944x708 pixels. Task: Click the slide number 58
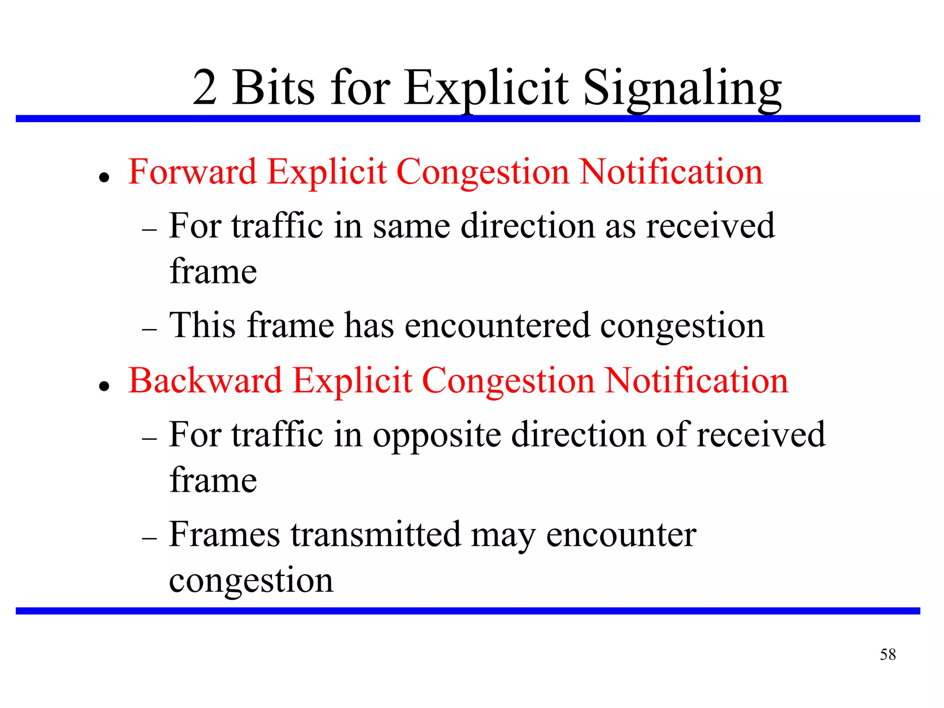click(x=887, y=655)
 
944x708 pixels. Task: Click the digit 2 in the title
click(x=205, y=88)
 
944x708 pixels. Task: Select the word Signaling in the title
click(x=682, y=88)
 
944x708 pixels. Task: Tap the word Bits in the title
click(x=274, y=88)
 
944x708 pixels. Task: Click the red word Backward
click(x=205, y=381)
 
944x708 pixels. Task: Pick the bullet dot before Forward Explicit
click(x=105, y=177)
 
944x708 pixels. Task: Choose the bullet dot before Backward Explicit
click(x=105, y=386)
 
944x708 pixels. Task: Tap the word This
click(x=203, y=325)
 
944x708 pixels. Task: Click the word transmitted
click(x=376, y=535)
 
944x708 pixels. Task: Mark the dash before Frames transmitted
click(x=150, y=538)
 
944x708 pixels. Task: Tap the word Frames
click(x=224, y=535)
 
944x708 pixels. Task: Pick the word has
click(x=369, y=325)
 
